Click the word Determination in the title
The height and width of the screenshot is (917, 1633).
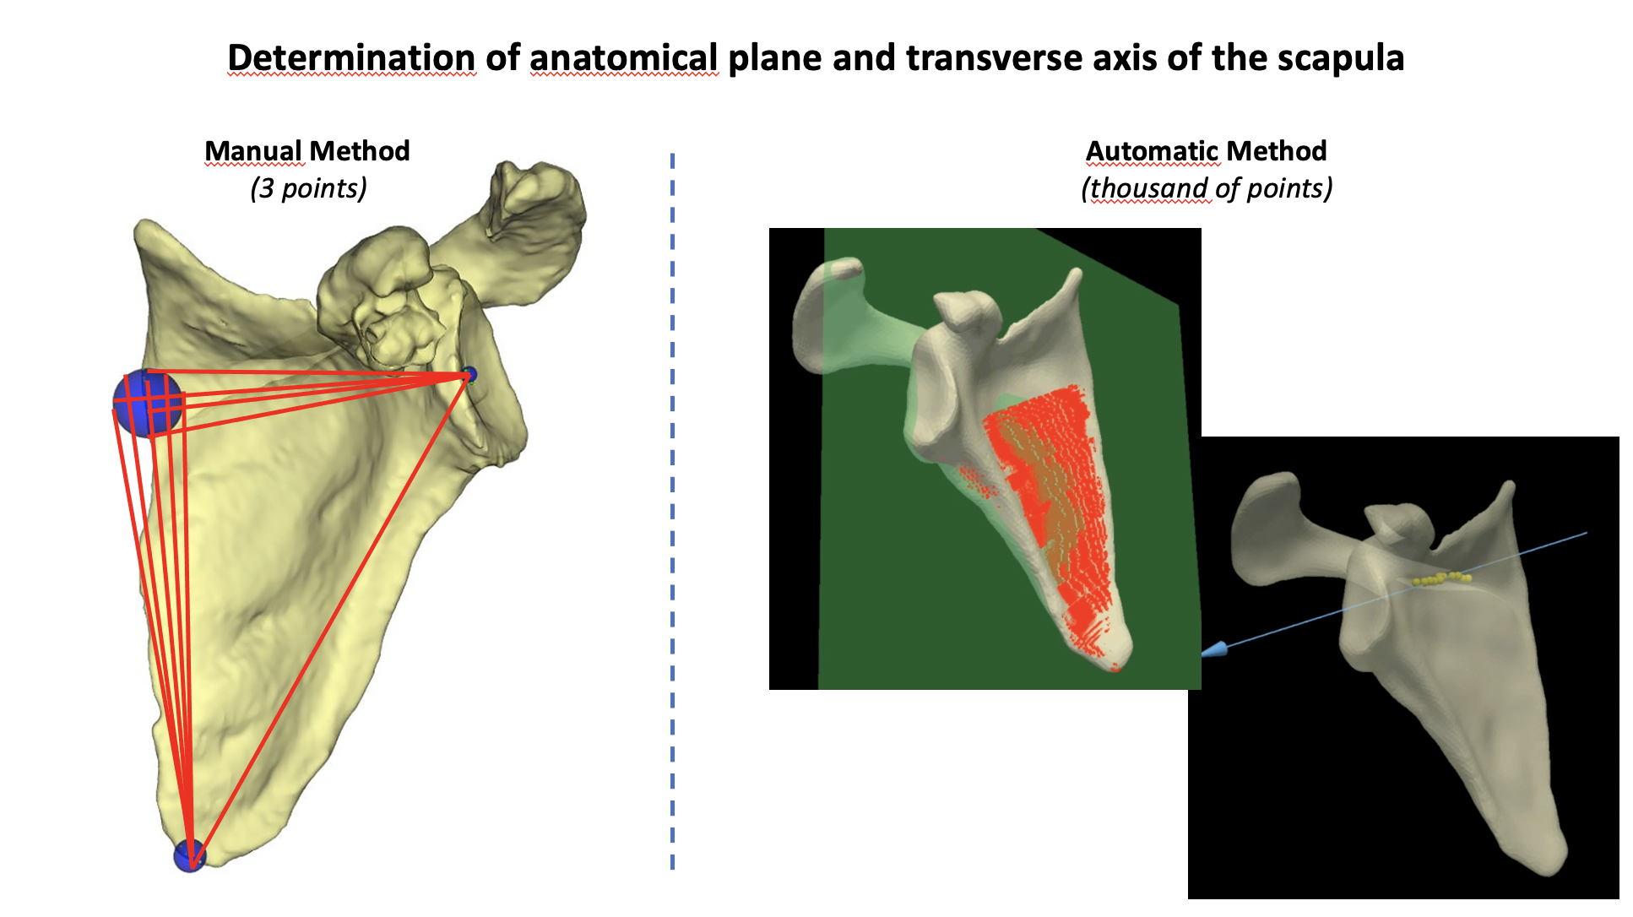(351, 57)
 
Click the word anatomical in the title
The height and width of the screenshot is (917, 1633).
(624, 57)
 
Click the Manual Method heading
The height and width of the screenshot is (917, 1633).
(307, 151)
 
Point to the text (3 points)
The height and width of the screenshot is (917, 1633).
(308, 187)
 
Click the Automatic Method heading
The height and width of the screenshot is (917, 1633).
(1206, 151)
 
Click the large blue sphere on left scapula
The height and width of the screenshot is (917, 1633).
(149, 403)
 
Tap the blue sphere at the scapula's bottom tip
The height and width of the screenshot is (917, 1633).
(190, 855)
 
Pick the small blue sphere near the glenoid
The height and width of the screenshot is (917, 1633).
(469, 374)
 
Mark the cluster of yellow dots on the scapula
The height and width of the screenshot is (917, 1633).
(1442, 578)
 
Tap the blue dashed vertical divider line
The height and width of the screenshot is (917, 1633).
(672, 511)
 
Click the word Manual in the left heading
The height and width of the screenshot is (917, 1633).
(253, 151)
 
